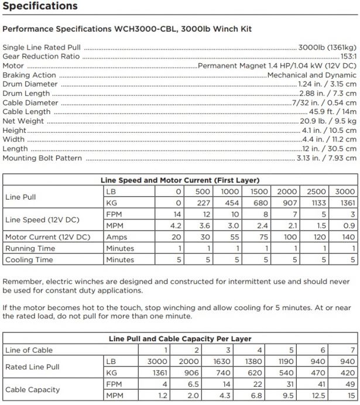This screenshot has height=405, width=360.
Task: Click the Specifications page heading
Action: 40,6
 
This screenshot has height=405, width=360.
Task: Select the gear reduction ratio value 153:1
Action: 345,57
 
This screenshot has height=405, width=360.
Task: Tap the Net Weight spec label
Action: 23,121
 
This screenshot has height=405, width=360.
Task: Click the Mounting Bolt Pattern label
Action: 42,158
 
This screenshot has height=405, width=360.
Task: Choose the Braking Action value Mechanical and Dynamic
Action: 311,75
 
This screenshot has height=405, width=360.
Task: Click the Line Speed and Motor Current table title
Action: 180,180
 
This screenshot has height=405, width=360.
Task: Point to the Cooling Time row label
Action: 29,259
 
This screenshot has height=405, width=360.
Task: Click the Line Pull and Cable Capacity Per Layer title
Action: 180,339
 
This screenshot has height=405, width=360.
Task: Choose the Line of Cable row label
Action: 29,350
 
